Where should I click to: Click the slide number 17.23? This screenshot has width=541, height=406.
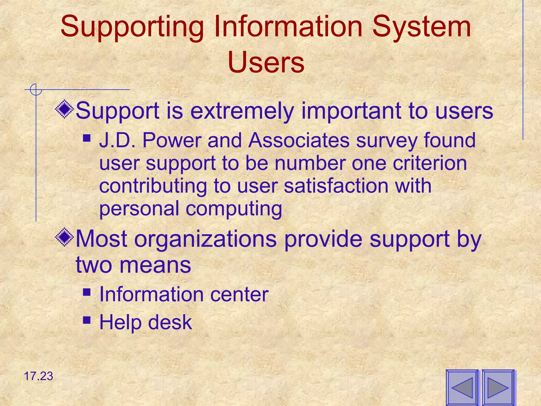click(39, 376)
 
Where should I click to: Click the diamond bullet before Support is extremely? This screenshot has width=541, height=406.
click(64, 109)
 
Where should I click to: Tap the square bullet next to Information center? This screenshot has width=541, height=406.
click(87, 292)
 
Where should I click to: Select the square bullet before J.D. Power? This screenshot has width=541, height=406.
click(87, 138)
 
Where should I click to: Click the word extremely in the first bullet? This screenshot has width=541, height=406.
click(242, 111)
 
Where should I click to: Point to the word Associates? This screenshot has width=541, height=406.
click(299, 140)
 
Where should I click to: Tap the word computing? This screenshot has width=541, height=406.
click(234, 209)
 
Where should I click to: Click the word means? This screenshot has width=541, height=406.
click(155, 265)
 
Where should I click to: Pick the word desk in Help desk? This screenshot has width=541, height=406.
click(170, 322)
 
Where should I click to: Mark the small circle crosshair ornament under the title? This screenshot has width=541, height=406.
click(36, 90)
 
